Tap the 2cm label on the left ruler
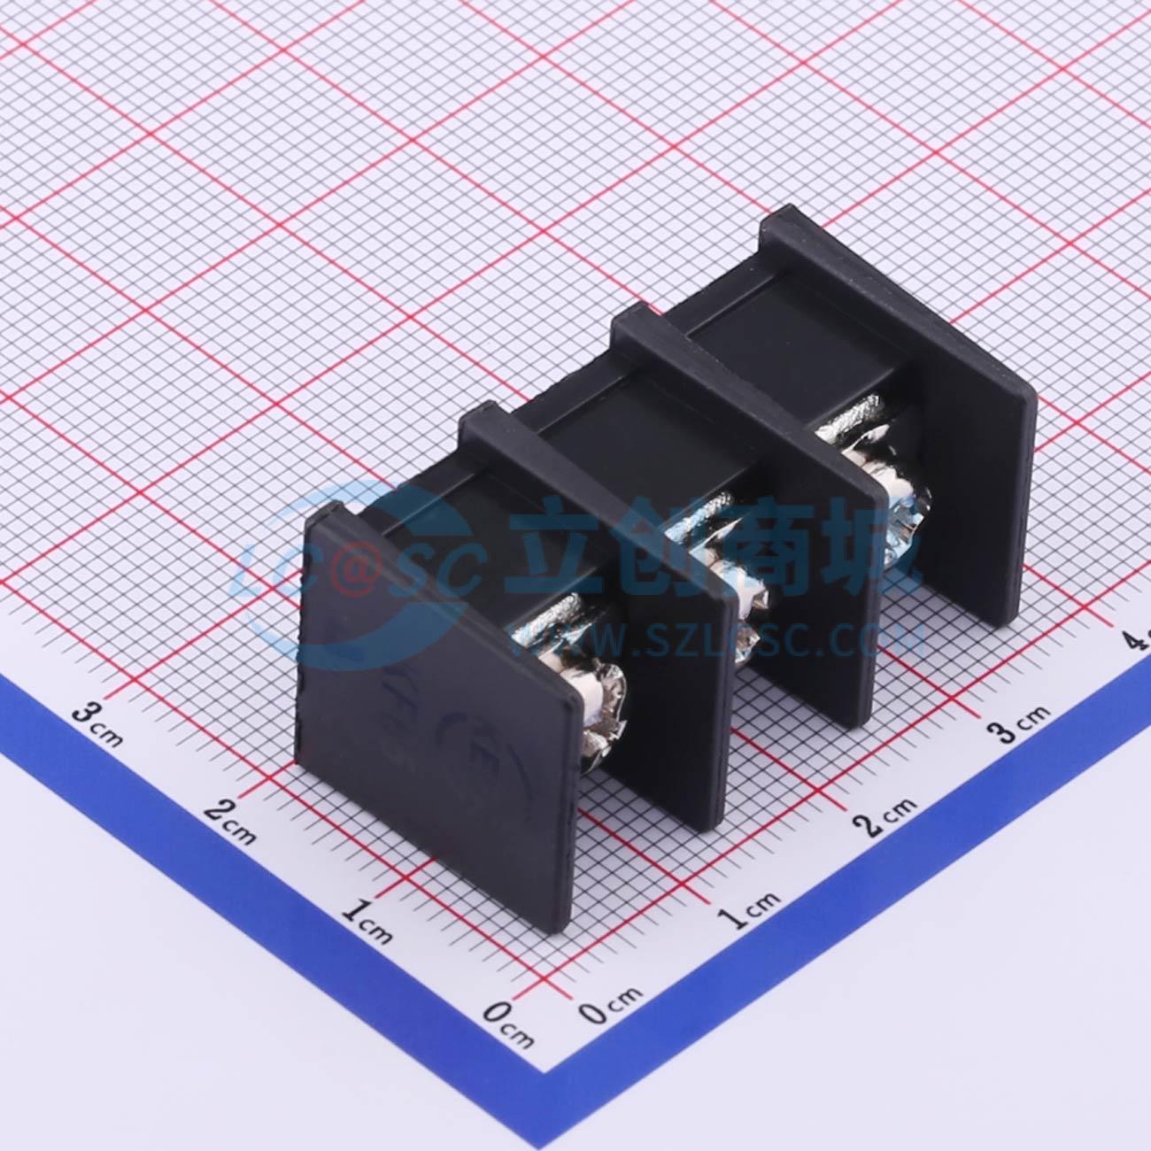[231, 817]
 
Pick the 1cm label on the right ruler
[753, 908]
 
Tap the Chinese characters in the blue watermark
[708, 553]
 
